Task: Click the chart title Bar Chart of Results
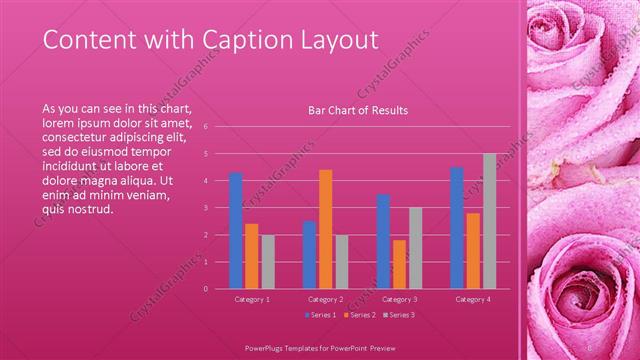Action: (x=357, y=110)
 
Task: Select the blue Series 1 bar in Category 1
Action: (x=236, y=230)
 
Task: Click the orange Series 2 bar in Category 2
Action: (x=325, y=229)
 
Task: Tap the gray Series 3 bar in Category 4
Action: (x=489, y=221)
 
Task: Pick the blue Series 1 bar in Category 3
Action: (x=383, y=241)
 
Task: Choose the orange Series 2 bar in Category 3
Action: (x=399, y=264)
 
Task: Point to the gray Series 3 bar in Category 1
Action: (x=268, y=262)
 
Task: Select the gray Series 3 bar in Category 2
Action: (x=341, y=262)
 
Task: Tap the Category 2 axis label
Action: (x=326, y=299)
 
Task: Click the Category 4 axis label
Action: (x=473, y=299)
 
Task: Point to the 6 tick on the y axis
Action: (x=205, y=127)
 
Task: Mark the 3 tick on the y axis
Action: (x=205, y=208)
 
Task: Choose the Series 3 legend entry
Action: (x=400, y=315)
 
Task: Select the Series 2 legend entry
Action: (x=361, y=315)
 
